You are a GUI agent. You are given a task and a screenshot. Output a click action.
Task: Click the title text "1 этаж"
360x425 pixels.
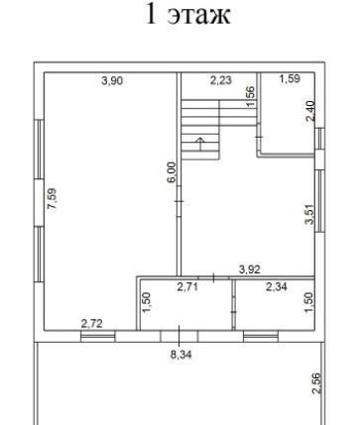coord(187,15)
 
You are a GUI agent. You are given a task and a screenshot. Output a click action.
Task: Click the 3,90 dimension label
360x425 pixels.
coord(112,80)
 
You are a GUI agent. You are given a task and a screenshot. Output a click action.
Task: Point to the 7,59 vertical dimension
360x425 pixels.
coord(53,199)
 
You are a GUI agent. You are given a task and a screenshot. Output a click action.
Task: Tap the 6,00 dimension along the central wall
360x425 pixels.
coord(172,172)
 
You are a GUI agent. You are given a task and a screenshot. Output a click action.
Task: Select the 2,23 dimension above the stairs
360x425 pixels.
coord(221,80)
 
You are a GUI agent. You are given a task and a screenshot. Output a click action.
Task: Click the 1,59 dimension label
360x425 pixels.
coord(290,78)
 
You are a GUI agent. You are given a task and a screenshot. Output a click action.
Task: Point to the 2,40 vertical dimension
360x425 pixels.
coord(310,111)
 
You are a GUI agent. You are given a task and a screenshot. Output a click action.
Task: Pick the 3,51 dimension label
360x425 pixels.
coord(309,214)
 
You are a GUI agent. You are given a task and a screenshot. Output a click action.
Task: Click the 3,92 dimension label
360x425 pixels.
coord(250,269)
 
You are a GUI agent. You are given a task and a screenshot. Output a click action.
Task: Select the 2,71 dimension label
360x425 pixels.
coord(187,287)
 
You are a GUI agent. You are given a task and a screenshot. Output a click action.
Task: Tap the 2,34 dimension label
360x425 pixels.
coord(277,287)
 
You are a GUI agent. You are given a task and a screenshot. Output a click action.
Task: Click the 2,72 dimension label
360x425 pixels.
coord(91,324)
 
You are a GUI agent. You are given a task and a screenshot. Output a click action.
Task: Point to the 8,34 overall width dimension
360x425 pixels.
coord(180,355)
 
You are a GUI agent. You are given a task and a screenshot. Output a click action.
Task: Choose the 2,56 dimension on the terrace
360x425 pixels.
coord(316,383)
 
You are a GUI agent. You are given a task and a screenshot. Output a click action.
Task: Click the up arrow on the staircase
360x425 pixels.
coord(199,144)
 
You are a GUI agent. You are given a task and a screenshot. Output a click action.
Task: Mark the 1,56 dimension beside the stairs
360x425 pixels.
coord(251,97)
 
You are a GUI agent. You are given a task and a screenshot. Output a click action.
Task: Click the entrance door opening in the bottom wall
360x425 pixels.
coord(180,336)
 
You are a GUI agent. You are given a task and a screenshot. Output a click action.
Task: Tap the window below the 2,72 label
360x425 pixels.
coord(98,336)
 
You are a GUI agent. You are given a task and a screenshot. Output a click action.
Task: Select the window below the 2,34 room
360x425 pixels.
coord(261,336)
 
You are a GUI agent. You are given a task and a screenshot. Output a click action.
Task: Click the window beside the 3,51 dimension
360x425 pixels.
coord(319,201)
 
